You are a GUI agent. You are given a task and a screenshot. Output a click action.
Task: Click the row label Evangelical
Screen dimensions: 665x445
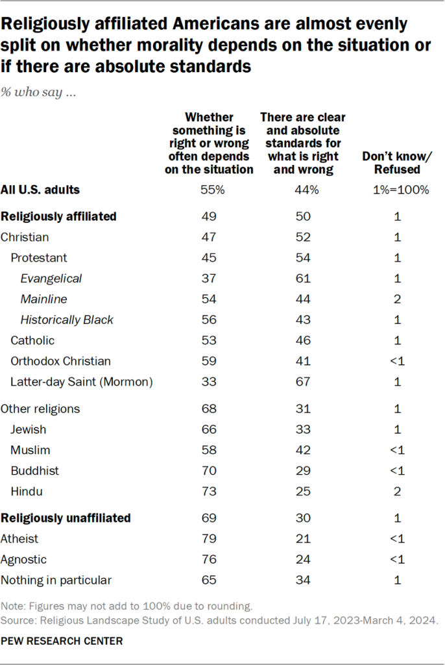[52, 278]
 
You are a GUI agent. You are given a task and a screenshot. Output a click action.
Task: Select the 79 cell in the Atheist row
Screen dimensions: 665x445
[209, 538]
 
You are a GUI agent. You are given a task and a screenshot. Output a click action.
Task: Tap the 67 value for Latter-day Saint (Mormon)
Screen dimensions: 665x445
[302, 382]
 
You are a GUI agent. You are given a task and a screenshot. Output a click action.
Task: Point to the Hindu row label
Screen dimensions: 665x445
[26, 492]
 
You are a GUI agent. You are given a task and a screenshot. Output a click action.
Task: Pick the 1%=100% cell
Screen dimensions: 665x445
[397, 190]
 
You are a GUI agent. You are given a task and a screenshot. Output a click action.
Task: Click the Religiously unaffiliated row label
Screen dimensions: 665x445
[66, 518]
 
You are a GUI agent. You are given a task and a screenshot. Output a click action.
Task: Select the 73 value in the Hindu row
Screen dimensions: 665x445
[209, 492]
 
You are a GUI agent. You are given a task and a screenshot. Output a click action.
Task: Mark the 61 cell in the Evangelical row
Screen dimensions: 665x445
[302, 278]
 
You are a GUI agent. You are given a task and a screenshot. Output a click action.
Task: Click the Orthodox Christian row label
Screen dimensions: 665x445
[60, 361]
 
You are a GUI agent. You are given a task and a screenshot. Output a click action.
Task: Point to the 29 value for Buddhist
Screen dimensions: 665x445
[302, 471]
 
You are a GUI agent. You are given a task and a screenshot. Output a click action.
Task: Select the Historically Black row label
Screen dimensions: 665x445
[67, 320]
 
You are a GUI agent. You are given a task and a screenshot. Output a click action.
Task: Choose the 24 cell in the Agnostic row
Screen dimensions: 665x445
[302, 559]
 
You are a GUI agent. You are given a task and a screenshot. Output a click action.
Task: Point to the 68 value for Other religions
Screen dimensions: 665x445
[209, 408]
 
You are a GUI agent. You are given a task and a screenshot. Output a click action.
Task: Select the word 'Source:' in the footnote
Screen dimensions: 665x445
[19, 620]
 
